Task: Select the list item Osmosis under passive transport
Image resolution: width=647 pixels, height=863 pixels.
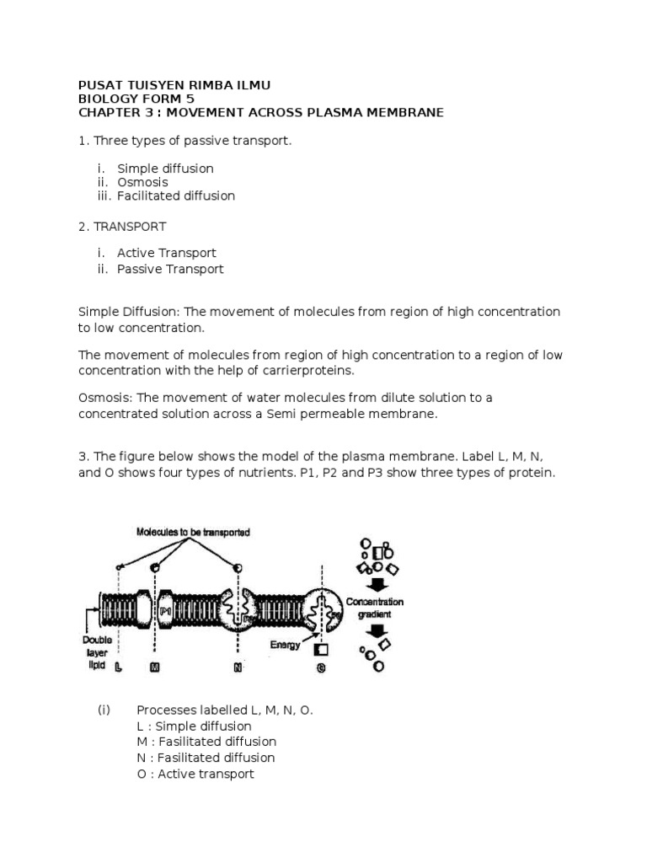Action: [142, 182]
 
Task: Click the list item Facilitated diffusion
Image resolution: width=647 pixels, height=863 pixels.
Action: [176, 196]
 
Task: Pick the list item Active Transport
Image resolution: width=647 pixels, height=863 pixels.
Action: [167, 253]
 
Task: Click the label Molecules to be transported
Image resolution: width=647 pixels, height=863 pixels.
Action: [193, 532]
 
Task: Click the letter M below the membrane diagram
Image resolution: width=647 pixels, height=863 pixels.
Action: [154, 667]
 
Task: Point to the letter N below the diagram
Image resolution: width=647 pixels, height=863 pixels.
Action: [238, 667]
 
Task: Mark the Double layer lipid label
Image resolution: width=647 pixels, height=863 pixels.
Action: [91, 651]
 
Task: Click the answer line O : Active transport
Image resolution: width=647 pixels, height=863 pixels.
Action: [195, 774]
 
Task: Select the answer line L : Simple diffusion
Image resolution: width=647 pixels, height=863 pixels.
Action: [194, 726]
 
